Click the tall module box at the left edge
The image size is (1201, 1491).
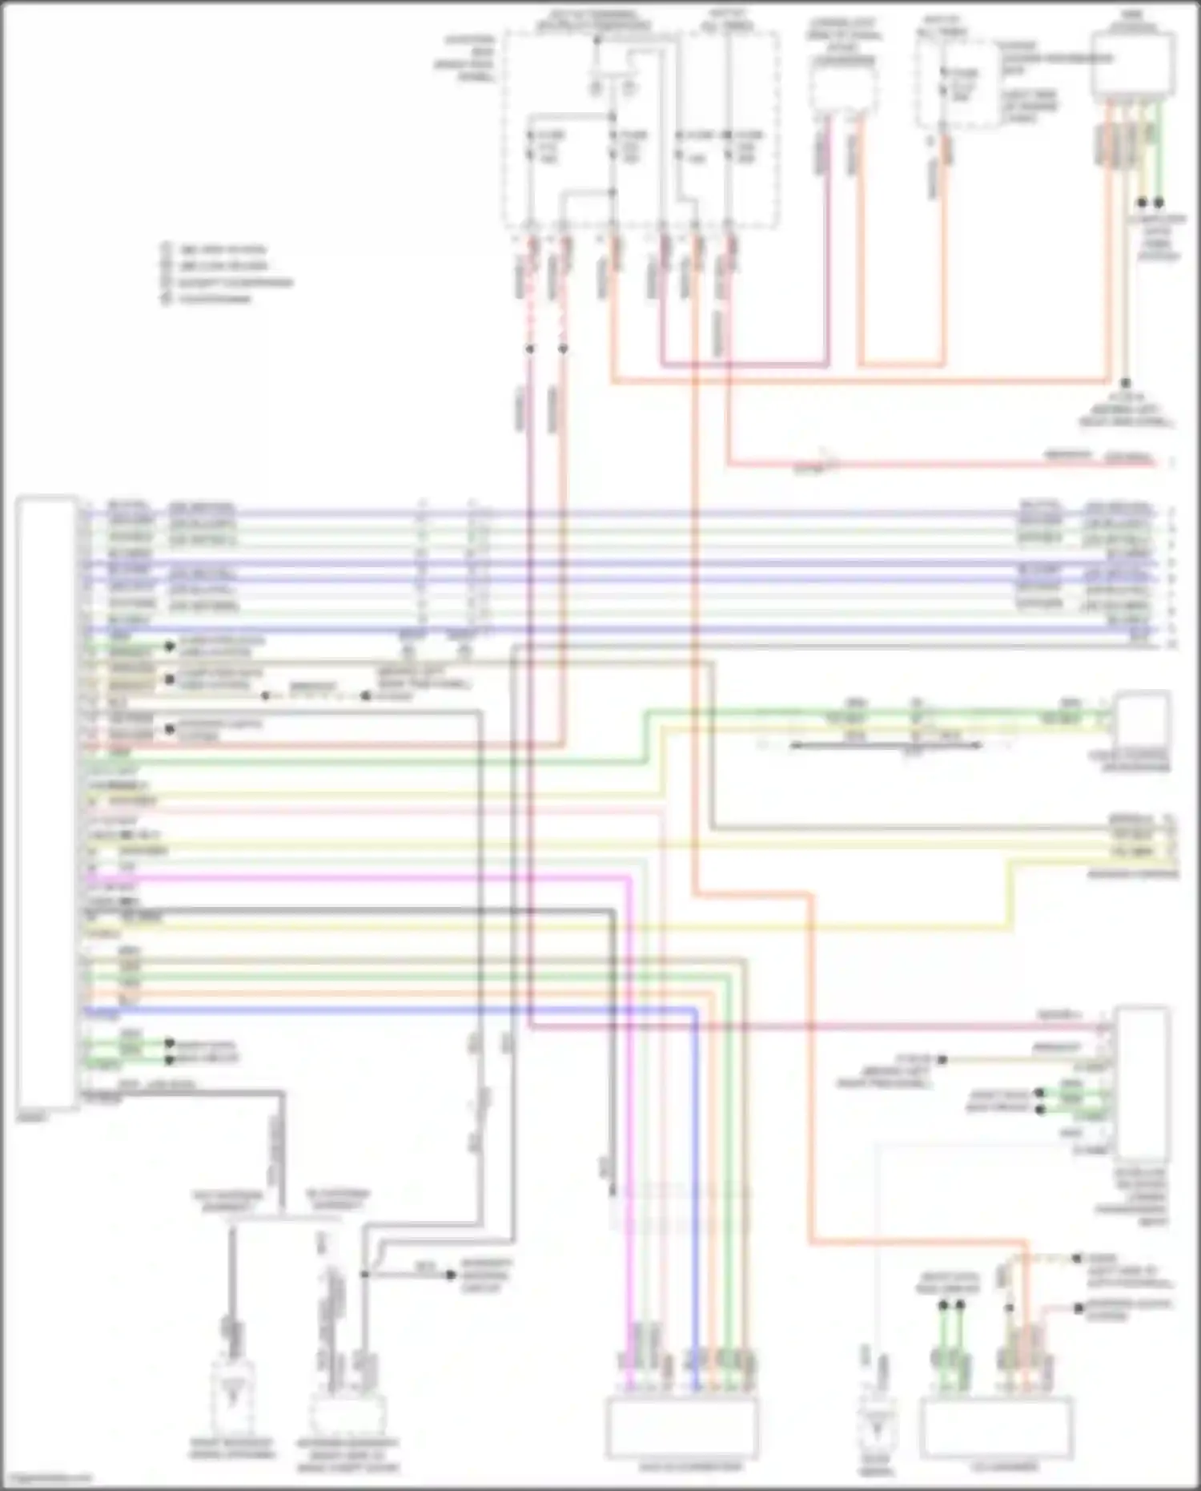point(46,801)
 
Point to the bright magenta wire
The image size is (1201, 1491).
point(360,879)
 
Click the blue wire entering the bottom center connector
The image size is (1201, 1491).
point(696,1202)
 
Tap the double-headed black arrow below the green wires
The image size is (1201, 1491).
point(885,745)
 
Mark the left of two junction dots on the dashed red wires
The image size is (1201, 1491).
point(530,349)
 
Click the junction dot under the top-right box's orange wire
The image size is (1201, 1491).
point(1125,384)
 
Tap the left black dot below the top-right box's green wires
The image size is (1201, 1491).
point(1143,203)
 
